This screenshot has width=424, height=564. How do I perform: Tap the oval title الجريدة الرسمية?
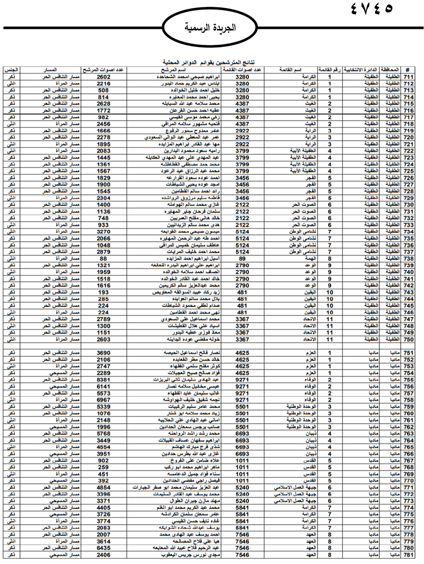click(211, 28)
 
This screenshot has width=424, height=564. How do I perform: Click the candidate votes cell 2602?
click(103, 77)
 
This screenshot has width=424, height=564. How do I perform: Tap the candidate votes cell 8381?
click(103, 380)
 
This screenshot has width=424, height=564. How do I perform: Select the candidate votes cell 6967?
click(103, 400)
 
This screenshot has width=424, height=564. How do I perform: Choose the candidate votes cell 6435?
click(103, 548)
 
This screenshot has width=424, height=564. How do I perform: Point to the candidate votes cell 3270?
click(103, 232)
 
